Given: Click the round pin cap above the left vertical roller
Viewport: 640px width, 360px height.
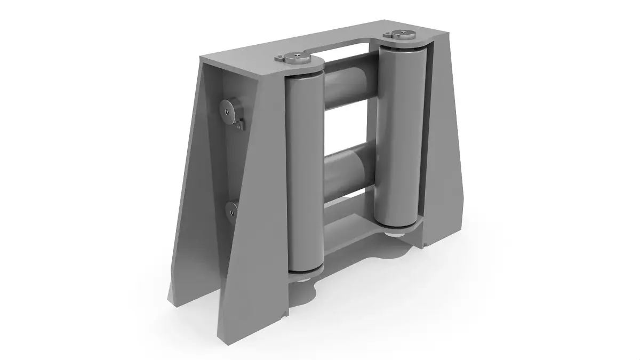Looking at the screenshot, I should click(295, 58).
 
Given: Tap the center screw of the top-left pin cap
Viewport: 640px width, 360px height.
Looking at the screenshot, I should click(295, 55).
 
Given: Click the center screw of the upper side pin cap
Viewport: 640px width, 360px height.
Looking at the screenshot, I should click(228, 111).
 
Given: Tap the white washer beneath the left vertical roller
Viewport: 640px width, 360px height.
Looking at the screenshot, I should click(303, 278).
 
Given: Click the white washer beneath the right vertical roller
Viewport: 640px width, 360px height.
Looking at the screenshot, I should click(398, 234).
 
